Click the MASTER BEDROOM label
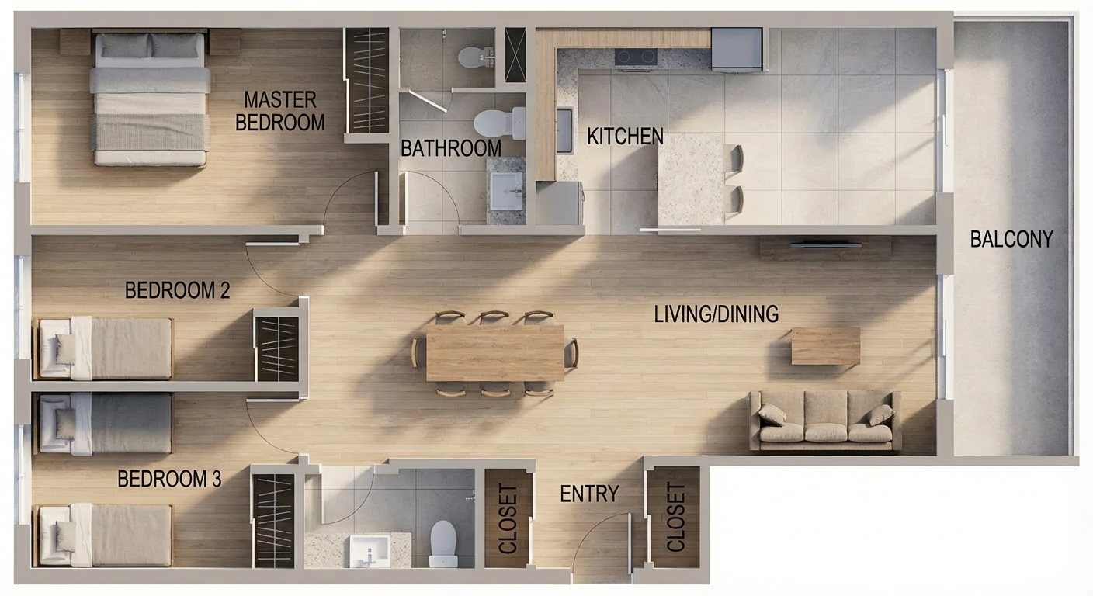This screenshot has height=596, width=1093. [x=280, y=111]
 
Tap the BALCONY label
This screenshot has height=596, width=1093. [x=1011, y=239]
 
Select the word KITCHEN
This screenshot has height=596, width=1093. [x=625, y=136]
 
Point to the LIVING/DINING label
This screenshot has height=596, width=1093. [x=716, y=314]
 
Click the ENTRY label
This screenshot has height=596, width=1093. [x=589, y=494]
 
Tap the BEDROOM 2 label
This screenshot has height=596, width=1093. [x=177, y=290]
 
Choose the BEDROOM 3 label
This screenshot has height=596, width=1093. [x=169, y=479]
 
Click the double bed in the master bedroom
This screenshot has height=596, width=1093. [x=151, y=99]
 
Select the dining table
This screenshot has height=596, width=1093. [x=494, y=352]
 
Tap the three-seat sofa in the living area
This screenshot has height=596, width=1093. [x=825, y=421]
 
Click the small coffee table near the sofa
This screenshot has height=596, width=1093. [x=826, y=346]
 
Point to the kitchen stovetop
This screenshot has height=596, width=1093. [x=635, y=57]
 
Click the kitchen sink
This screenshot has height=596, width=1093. [x=564, y=131]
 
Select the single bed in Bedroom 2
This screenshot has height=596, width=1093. [x=103, y=348]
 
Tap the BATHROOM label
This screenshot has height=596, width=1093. [x=451, y=148]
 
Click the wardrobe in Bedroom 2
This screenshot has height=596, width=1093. [x=277, y=348]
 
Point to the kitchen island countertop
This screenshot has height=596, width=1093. [x=691, y=179]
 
